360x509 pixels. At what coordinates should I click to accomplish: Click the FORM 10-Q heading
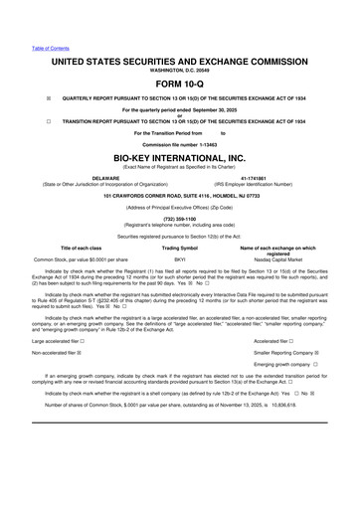[x=179, y=83]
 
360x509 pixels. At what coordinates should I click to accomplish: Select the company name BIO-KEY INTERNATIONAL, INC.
[x=179, y=159]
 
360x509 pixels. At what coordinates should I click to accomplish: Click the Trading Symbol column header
[x=180, y=247]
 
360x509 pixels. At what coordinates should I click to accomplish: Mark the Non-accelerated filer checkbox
[x=80, y=353]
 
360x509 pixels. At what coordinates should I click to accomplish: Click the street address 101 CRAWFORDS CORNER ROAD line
[x=179, y=195]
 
